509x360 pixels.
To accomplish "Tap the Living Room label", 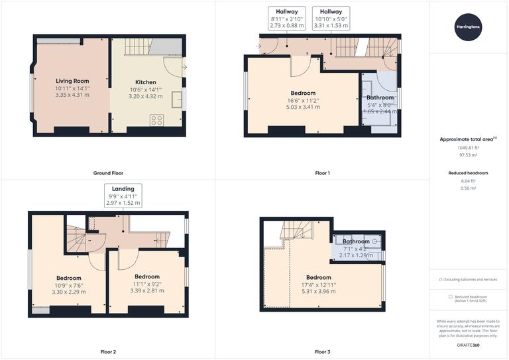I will coord(72,81).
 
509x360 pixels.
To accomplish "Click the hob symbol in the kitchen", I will coord(158,120).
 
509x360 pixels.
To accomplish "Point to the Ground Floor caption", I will coord(107,173).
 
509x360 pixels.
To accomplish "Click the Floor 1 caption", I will coord(322,173).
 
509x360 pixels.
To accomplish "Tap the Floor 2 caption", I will coord(107,351).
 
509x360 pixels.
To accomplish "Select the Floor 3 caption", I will coord(322,351).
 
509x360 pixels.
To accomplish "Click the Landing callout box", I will coord(123,196).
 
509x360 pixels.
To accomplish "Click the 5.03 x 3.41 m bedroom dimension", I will coord(303,107).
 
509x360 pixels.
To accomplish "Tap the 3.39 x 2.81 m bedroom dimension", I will coord(146,290).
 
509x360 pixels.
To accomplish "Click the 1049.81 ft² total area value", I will coord(469,148).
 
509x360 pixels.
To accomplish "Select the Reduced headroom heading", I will coord(469,172).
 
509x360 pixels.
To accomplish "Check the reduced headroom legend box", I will coord(451,296).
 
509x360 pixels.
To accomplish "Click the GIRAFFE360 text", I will coord(469,346).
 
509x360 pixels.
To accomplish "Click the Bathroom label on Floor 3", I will coord(356,241).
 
